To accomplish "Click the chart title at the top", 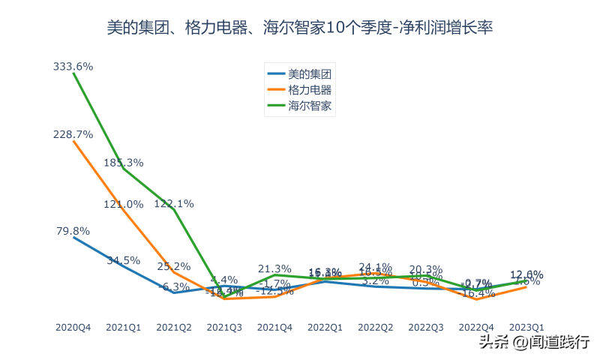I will [299, 28].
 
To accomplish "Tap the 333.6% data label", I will [73, 66].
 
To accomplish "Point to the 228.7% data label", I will [73, 134].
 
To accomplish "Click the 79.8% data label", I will [73, 231].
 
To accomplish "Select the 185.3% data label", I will [124, 162].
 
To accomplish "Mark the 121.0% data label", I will [124, 204].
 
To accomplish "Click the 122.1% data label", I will [174, 203].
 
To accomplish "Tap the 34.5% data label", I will [124, 260].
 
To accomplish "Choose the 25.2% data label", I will [174, 265].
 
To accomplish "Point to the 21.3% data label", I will [274, 268].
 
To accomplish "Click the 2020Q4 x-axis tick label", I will [73, 327].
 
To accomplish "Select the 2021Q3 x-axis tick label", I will [224, 327].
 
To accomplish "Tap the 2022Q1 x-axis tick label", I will [325, 327].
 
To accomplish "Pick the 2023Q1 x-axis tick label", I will [526, 327].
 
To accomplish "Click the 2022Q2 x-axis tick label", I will [375, 327].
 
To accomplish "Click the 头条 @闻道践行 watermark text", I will [534, 342].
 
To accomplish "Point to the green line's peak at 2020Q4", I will [73, 74].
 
